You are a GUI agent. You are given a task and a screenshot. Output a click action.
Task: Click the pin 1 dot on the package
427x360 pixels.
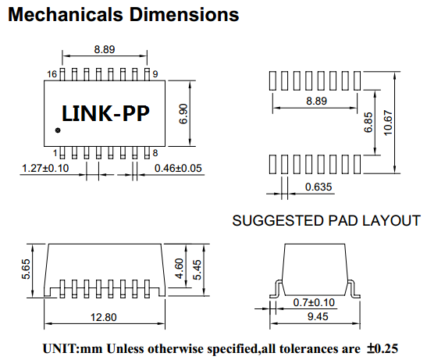click(x=58, y=130)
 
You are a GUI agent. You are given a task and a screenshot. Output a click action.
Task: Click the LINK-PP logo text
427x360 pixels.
click(x=105, y=113)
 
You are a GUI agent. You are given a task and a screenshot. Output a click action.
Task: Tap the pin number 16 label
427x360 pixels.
click(x=52, y=74)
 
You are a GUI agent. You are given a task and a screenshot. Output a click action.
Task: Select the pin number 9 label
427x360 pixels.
click(x=155, y=74)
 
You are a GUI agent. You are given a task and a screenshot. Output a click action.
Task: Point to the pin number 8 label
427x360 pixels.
click(x=155, y=153)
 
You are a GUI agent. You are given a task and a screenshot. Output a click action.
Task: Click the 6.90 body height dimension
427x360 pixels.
click(x=183, y=114)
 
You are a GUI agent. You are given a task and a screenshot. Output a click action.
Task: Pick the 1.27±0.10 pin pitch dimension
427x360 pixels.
click(x=45, y=168)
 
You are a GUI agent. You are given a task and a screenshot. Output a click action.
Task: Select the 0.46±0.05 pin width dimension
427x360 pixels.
click(x=178, y=168)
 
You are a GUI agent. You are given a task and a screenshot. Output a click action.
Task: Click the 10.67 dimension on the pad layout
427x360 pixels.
click(x=388, y=123)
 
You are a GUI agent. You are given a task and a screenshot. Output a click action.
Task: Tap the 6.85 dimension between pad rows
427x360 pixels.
click(x=368, y=123)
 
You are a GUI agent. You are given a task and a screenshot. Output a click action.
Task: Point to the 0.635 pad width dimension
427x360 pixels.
click(x=318, y=187)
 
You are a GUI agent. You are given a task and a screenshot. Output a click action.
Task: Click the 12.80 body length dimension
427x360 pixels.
click(x=104, y=317)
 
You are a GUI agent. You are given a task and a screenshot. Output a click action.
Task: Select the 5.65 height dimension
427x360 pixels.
click(x=26, y=269)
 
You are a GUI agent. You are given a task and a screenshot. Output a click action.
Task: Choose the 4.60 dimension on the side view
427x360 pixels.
click(x=180, y=269)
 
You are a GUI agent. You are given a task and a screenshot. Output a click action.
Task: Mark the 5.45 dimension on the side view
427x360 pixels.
click(x=197, y=269)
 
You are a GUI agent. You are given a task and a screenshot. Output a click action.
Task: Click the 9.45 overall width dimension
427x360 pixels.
click(x=318, y=316)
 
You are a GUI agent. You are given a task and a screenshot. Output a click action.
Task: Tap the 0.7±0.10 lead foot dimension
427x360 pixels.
click(x=314, y=302)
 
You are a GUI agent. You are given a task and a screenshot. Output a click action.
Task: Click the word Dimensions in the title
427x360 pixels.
click(x=184, y=14)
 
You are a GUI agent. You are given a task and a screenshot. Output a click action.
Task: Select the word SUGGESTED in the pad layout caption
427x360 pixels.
click(x=279, y=220)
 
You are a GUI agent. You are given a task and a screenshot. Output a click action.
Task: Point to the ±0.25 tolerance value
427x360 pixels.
click(x=383, y=348)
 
